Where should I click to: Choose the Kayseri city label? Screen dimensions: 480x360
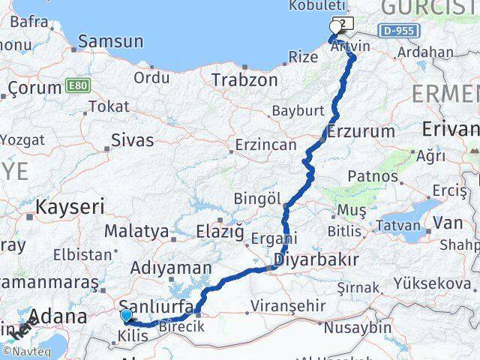73,207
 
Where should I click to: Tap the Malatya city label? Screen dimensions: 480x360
136,230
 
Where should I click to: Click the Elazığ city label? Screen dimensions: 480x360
219,232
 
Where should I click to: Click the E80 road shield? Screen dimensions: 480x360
78,85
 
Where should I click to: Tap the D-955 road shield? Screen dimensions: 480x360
398,31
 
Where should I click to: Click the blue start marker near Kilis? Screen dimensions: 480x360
126,316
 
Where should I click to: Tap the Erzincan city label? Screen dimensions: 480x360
265,145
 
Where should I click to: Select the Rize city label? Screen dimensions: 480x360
304,57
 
